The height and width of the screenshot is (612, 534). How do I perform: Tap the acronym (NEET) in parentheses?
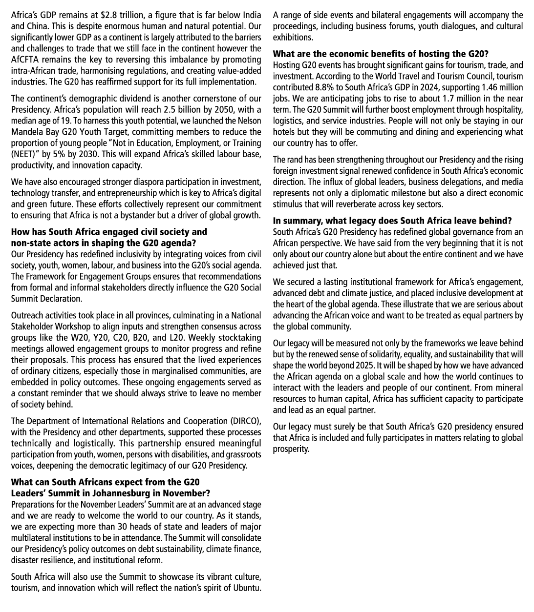(24, 154)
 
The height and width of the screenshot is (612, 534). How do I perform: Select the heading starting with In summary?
(392, 221)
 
